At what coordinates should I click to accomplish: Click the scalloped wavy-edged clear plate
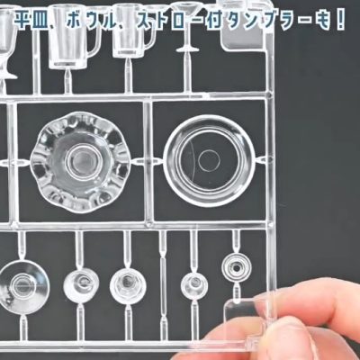(x=79, y=163)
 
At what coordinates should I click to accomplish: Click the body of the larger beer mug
(x=68, y=36)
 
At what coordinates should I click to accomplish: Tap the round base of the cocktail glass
(x=187, y=49)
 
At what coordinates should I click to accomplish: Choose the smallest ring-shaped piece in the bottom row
(x=237, y=267)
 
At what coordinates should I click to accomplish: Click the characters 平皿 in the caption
(x=30, y=22)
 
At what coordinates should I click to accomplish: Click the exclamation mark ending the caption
(x=340, y=22)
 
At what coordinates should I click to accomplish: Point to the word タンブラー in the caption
(x=265, y=22)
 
